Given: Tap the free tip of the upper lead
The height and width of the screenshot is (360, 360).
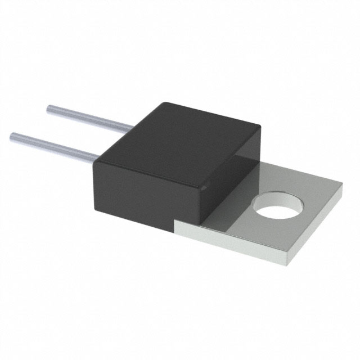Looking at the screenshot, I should [x=49, y=107].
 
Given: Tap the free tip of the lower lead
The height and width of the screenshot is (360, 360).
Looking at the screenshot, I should [x=13, y=136].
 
